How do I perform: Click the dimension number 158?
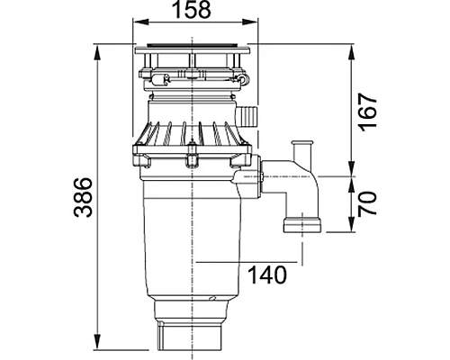193,9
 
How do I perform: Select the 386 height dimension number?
83,197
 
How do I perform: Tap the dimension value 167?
368,112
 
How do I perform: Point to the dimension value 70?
367,203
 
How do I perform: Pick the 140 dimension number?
267,274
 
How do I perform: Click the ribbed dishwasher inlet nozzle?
247,116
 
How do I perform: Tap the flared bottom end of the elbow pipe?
302,225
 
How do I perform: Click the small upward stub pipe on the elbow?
302,151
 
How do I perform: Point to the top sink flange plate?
193,50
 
